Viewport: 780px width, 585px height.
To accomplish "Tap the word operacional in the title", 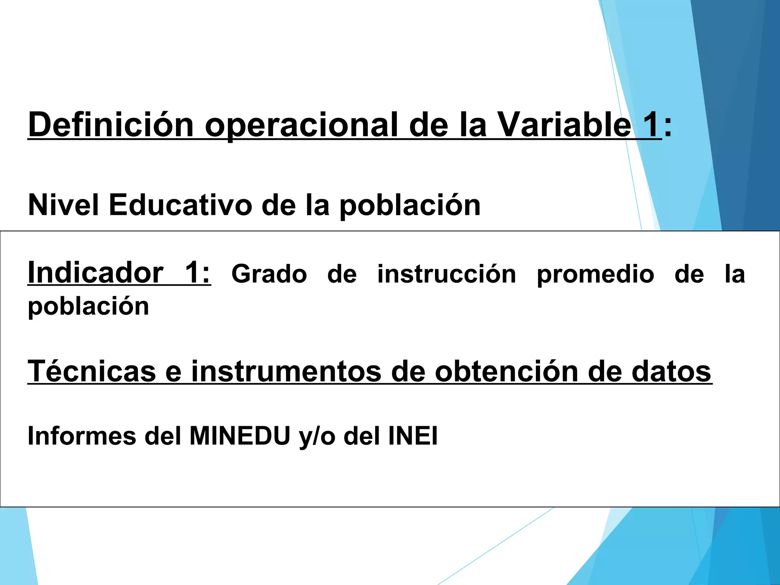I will pos(301,126).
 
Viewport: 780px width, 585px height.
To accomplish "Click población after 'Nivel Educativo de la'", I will pos(410,206).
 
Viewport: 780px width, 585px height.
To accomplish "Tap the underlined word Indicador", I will pos(96,273).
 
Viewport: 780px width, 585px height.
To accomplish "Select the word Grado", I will pos(269,274).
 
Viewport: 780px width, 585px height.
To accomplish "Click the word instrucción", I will pos(446,274).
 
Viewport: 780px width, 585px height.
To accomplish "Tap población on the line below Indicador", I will pos(88,307).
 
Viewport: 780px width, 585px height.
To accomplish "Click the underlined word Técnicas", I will pos(92,371).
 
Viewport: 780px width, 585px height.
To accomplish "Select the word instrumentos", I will pos(286,372).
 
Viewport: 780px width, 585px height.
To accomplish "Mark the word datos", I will pos(671,372).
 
